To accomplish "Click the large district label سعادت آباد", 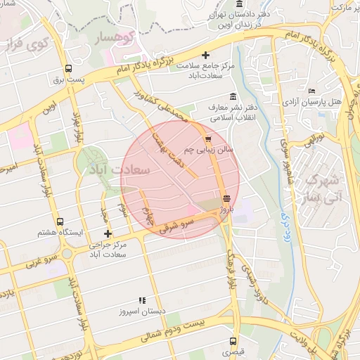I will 117,171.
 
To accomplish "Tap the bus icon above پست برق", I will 68,69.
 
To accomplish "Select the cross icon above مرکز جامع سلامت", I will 205,55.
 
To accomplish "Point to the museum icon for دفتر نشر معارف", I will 233,97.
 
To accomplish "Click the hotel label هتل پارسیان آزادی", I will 311,102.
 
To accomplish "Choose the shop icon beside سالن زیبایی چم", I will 208,139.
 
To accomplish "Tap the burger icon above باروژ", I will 226,198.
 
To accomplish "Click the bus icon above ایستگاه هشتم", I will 59,221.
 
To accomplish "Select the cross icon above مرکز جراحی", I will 107,233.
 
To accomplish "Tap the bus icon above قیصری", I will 231,339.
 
